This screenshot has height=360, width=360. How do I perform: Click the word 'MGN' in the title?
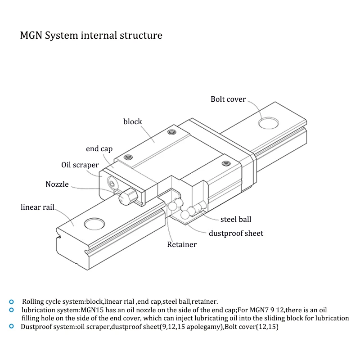point(30,35)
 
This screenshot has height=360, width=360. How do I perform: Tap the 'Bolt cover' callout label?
point(228,99)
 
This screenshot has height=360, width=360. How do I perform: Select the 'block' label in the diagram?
point(133,121)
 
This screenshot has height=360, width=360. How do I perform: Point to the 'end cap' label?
point(99,149)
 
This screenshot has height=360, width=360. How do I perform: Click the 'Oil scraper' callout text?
point(80,165)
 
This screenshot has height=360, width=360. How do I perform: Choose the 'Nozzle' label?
point(57,184)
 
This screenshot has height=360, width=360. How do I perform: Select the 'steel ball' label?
point(236,219)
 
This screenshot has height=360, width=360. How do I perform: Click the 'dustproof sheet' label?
point(236,233)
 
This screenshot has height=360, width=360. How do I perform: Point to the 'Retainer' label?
point(182,245)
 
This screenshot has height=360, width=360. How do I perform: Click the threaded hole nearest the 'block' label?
point(171,132)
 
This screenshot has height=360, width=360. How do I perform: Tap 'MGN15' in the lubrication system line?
point(91,310)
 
